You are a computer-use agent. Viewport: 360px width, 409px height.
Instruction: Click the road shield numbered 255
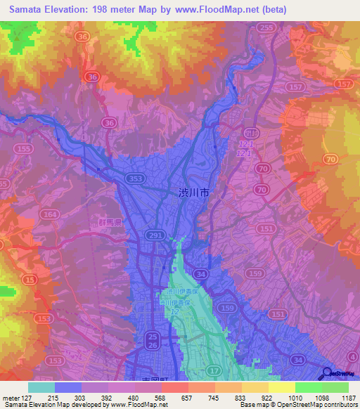coord(265,28)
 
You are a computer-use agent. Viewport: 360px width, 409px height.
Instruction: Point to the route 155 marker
coord(25,150)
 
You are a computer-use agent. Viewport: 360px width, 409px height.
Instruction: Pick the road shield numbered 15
coord(30,280)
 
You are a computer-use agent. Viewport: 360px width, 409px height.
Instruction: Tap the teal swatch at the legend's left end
coord(41,387)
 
